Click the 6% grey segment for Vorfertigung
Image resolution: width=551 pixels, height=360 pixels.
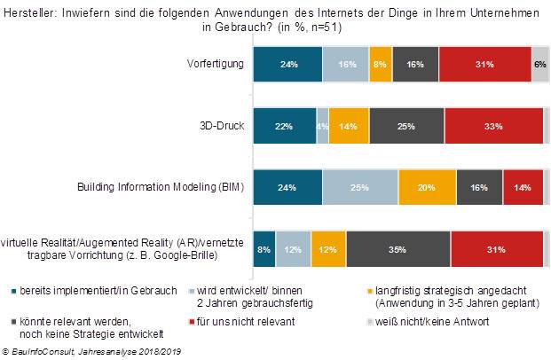pyautogui.click(x=539, y=65)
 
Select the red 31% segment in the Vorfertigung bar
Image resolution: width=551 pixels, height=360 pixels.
pyautogui.click(x=484, y=65)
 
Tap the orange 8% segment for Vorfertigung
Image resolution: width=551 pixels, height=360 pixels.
pyautogui.click(x=381, y=65)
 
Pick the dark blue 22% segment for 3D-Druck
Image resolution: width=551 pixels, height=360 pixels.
pyautogui.click(x=285, y=126)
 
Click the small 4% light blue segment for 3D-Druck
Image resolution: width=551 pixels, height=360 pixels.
pyautogui.click(x=322, y=126)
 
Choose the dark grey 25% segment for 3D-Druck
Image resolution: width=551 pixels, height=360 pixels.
pyautogui.click(x=406, y=126)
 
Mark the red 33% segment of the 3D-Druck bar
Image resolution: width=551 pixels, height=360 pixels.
pyautogui.click(x=493, y=126)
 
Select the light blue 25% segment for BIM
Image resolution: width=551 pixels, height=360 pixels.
pyautogui.click(x=359, y=187)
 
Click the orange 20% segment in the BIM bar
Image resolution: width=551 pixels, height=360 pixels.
pyautogui.click(x=427, y=187)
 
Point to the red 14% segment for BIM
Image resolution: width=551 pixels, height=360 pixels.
pyautogui.click(x=523, y=187)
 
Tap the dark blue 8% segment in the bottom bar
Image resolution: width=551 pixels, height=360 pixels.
pyautogui.click(x=264, y=248)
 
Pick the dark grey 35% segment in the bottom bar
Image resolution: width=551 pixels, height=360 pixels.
pyautogui.click(x=398, y=248)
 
